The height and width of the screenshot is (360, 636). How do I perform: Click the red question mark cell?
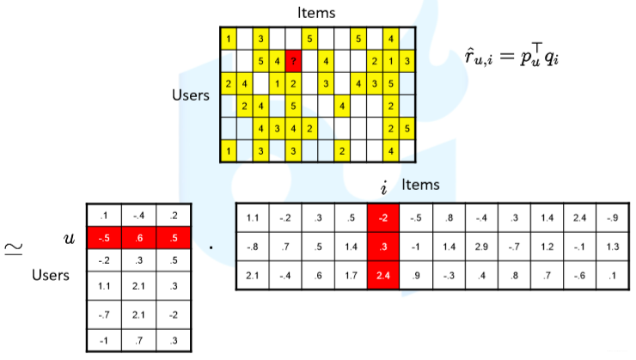294,62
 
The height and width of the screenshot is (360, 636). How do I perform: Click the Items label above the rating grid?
315,13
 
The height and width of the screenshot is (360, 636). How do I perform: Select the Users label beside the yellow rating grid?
190,95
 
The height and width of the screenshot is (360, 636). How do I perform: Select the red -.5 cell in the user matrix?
104,238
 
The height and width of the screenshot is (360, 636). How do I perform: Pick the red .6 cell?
139,238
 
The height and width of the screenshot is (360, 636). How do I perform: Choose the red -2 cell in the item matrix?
383,218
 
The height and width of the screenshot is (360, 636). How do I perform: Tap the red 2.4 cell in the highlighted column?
383,275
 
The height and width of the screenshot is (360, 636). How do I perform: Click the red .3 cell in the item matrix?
383,247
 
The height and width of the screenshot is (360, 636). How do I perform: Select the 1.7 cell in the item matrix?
351,275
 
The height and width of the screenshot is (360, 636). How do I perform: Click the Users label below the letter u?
49,276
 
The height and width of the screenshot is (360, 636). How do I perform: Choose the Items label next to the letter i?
420,185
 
